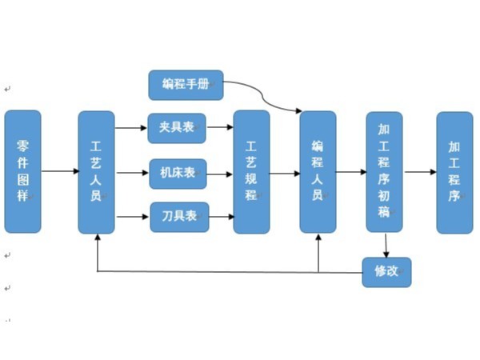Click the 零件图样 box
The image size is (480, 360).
point(22,171)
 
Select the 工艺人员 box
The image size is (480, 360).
point(96,171)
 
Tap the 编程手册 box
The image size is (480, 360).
point(186,85)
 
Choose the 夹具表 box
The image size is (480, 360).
point(177,127)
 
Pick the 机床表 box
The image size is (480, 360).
point(178,173)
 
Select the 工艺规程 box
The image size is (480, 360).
point(251,171)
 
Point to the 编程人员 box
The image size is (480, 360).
point(318,171)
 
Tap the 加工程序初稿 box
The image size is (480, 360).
point(384,171)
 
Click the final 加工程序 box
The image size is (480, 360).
point(454,171)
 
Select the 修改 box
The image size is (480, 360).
point(386,272)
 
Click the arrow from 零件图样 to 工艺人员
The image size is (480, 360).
point(59,171)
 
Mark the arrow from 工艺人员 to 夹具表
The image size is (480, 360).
point(131,127)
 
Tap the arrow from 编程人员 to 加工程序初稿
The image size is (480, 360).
point(350,171)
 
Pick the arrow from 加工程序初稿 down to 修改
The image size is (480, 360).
point(386,245)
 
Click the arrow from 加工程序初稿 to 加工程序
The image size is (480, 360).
point(419,171)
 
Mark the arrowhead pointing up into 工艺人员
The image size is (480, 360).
point(97,239)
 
